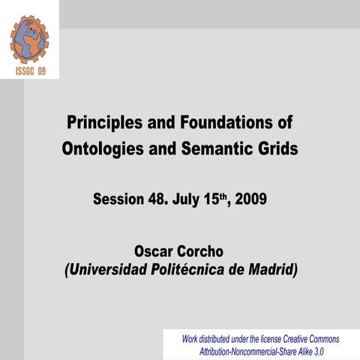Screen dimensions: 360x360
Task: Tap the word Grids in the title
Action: [278, 148]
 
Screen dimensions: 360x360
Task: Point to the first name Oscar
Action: [154, 250]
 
